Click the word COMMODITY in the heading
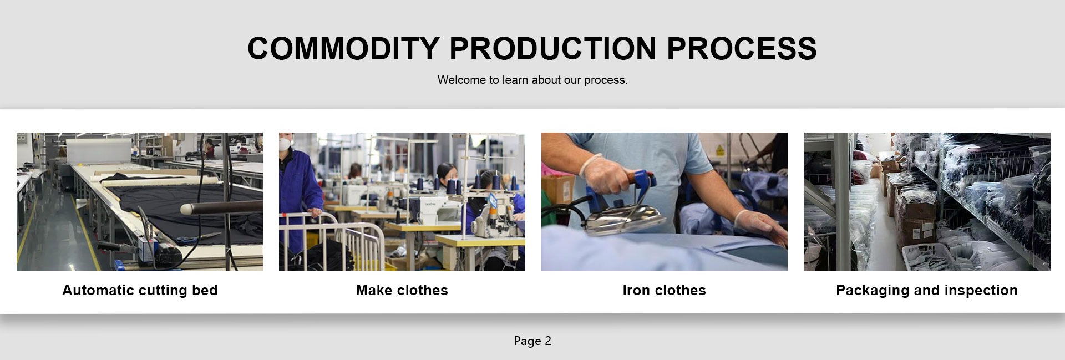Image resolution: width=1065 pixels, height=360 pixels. click(343, 48)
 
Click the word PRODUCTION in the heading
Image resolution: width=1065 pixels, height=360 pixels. click(553, 48)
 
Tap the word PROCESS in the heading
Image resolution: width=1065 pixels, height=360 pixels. click(742, 48)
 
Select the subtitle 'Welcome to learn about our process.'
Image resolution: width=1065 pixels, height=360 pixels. click(532, 80)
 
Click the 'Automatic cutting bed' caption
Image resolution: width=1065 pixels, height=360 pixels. click(140, 290)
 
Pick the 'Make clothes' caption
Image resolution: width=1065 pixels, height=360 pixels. click(402, 290)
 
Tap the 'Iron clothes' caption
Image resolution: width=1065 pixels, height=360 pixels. click(664, 290)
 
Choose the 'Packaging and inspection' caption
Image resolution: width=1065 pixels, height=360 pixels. click(927, 290)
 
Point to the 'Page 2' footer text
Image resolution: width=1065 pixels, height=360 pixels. click(532, 341)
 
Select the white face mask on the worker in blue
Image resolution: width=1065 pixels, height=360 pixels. click(286, 144)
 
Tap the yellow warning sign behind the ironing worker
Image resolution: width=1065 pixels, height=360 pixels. click(719, 150)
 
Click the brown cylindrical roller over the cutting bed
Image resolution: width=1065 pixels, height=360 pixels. click(222, 209)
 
